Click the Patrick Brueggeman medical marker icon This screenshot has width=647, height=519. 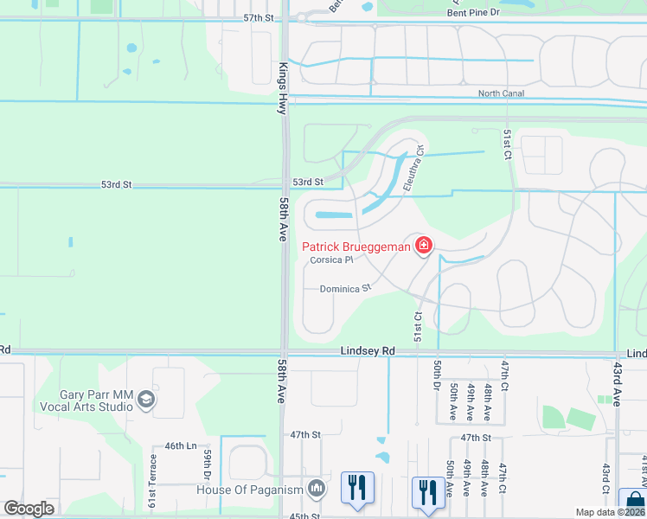(424, 247)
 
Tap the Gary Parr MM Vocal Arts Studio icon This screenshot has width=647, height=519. (146, 400)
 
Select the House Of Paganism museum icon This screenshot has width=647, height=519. (317, 490)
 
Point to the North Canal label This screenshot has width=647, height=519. (502, 93)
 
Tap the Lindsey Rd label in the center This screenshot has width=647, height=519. (368, 350)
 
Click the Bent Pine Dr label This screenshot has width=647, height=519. (473, 14)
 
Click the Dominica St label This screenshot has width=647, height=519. (345, 289)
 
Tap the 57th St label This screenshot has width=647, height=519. (258, 17)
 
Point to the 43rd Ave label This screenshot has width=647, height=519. (618, 385)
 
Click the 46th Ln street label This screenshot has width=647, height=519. (181, 445)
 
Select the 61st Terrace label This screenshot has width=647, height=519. (153, 489)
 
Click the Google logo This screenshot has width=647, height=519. (29, 509)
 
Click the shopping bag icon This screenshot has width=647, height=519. (634, 501)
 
